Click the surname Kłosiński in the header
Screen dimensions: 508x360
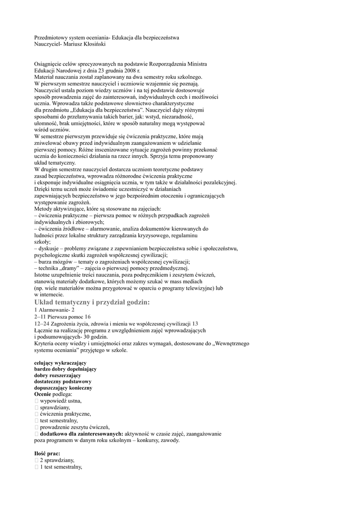92,44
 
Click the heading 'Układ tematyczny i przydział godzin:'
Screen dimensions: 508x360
92,302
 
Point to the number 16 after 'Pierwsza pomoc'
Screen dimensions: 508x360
88,316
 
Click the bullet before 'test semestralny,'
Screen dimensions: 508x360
37,420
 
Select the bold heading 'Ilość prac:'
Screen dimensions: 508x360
47,453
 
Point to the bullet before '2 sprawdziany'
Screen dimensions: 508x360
37,460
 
